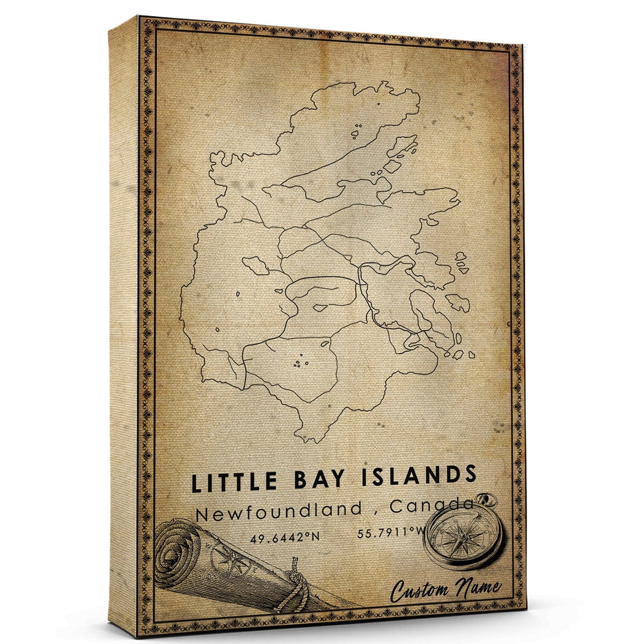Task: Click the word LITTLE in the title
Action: point(229,481)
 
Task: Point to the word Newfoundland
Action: point(279,510)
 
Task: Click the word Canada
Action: point(431,506)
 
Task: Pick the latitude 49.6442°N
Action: point(280,536)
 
